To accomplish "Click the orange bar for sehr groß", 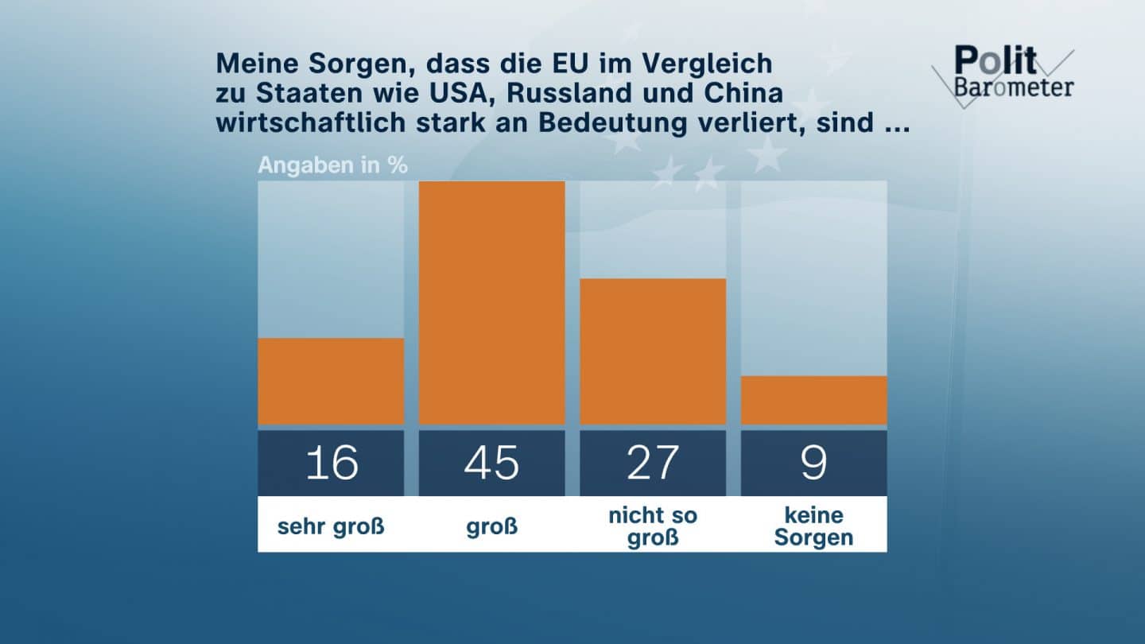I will tap(331, 382).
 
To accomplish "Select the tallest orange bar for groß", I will tap(491, 303).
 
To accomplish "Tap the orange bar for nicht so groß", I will tap(653, 351).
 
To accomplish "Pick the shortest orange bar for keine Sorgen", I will tap(813, 400).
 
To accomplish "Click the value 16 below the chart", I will tap(331, 463).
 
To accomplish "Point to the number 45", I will tap(491, 463).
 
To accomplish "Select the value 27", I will tap(653, 463).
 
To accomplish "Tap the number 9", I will tap(813, 463).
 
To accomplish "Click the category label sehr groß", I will tap(331, 526).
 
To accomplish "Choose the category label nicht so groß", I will tap(653, 526).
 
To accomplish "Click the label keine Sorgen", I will tap(813, 526).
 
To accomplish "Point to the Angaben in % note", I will tap(332, 165).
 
